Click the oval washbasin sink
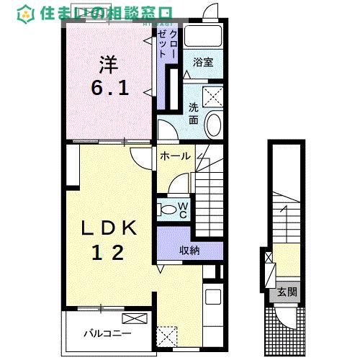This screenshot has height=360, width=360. coord(214,124)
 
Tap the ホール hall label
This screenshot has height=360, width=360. coord(175,156)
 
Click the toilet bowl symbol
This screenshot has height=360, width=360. coord(167,210)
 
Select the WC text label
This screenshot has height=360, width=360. coord(183,210)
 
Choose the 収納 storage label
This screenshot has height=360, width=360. coord(190,249)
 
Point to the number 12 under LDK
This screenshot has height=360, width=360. coord(108,253)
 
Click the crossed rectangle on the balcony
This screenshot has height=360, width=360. coord(134,319)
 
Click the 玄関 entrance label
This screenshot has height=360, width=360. coord(284,292)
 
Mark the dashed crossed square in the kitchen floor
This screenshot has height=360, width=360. coord(167,336)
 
